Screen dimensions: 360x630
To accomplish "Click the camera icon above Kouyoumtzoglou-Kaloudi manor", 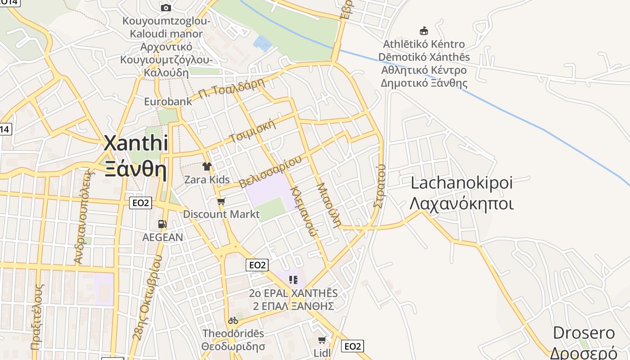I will tap(166, 8).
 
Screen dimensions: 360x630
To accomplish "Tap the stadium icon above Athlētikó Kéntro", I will tap(423, 31).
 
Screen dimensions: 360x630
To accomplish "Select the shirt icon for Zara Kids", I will tap(207, 166).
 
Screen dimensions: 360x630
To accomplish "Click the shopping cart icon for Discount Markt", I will tap(221, 201).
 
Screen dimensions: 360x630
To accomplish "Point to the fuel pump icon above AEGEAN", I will tap(162, 224).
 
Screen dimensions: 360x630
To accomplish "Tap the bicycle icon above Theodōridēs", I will tap(233, 320).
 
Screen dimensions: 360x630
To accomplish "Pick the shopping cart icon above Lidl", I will tap(322, 340).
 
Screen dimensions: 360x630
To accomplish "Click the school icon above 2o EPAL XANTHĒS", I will tap(293, 280).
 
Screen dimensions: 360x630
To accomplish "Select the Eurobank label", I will tap(168, 101).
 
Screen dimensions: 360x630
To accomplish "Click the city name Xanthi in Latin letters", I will tap(136, 144).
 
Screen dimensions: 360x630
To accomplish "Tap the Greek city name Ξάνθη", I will tap(136, 170).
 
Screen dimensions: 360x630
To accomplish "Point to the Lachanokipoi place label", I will tap(462, 183).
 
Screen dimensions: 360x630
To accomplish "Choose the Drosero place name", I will tap(584, 333).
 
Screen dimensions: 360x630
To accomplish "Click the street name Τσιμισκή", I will tap(252, 131).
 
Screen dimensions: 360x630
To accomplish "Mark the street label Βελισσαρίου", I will tap(270, 172).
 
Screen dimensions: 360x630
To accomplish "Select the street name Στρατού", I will tap(380, 185).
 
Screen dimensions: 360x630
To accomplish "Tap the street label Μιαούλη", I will tap(328, 205).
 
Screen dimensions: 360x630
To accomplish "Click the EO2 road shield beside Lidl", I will tap(352, 346).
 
